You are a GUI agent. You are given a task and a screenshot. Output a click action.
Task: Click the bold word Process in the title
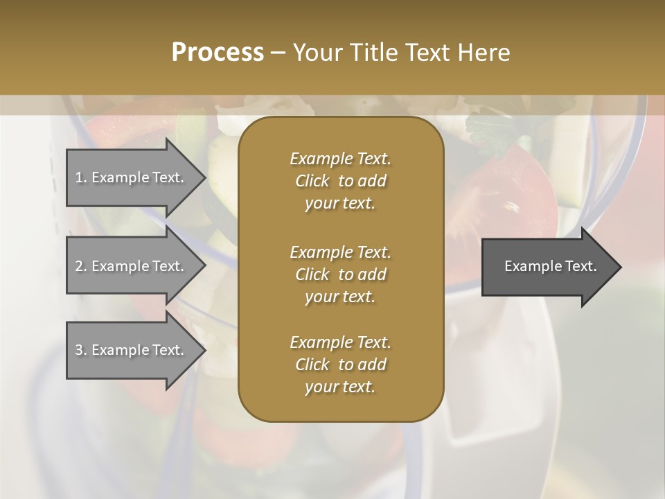pyautogui.click(x=218, y=53)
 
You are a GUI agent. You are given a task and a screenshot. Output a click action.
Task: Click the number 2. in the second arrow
pyautogui.click(x=81, y=266)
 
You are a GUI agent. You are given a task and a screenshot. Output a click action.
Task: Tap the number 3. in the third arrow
pyautogui.click(x=81, y=350)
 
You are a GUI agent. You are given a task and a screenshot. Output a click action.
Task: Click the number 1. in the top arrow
pyautogui.click(x=81, y=177)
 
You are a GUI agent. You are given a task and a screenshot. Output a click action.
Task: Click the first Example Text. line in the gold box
pyautogui.click(x=340, y=159)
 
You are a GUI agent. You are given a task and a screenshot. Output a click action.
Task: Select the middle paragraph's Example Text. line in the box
pyautogui.click(x=340, y=252)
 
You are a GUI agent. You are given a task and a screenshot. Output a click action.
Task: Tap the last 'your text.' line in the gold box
pyautogui.click(x=340, y=387)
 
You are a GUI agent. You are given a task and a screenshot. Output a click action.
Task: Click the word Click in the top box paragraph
pyautogui.click(x=312, y=182)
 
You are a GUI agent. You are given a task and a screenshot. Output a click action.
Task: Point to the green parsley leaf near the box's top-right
pyautogui.click(x=488, y=128)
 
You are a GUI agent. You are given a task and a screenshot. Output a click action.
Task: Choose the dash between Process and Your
pyautogui.click(x=278, y=53)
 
